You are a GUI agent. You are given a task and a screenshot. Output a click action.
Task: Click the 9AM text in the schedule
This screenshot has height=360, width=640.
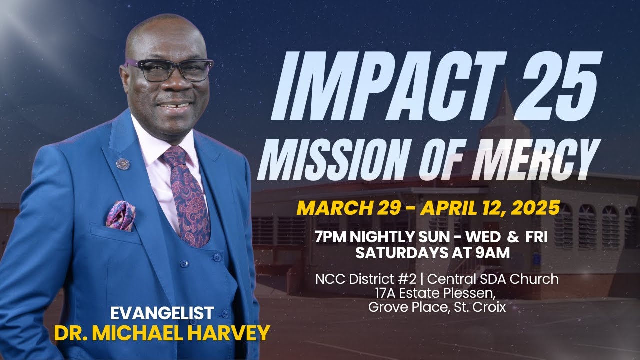pos(492,253)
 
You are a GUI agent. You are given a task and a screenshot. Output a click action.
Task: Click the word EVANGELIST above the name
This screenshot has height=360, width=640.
pos(162,314)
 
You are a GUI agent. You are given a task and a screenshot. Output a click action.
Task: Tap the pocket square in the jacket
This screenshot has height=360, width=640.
pos(120,216)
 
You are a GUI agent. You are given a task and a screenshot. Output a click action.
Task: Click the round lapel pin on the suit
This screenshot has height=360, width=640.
pos(123,163)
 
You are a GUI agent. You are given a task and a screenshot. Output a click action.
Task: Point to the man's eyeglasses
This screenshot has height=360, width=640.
pos(170,70)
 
